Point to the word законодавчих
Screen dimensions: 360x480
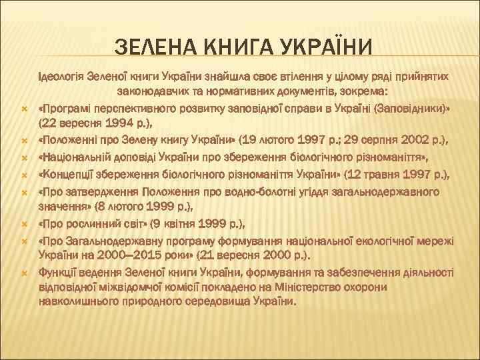coord(151,92)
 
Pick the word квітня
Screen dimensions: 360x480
coord(177,223)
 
